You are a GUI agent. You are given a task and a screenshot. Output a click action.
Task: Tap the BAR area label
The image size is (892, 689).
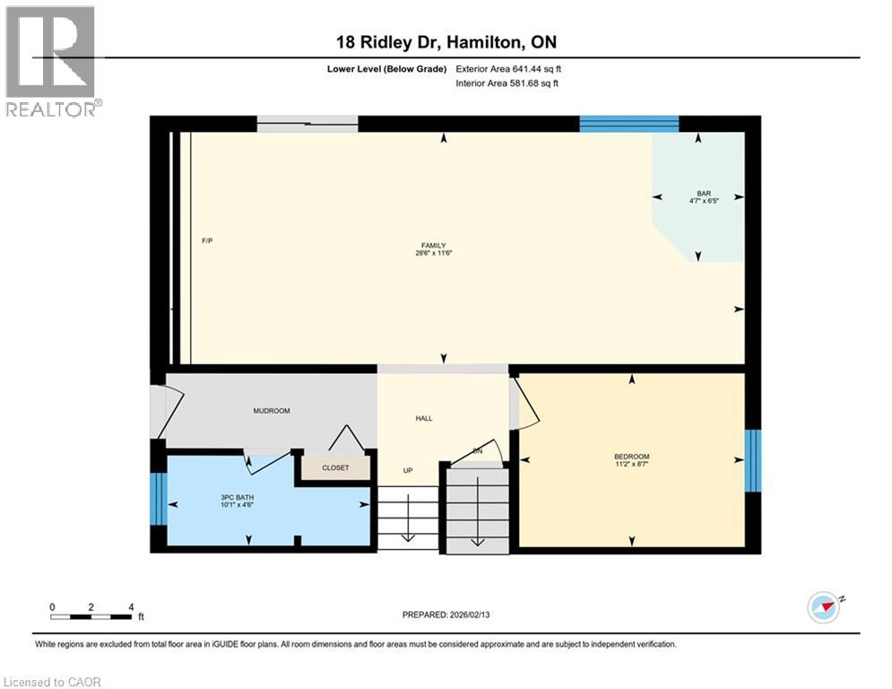coord(704,193)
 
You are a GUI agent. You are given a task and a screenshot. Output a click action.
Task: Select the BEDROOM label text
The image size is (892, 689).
coord(632,457)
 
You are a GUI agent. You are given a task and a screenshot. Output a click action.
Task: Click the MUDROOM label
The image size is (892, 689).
coord(272,411)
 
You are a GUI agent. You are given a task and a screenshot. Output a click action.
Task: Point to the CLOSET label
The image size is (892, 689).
coord(335,467)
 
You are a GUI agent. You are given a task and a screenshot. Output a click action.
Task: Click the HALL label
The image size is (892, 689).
coord(424,418)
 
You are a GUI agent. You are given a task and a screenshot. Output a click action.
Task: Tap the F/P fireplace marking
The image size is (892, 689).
coord(207,241)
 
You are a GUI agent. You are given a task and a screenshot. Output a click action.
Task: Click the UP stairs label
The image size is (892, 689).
coord(408,470)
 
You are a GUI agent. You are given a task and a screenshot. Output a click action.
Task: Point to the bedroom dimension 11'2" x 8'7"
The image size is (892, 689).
coord(632,465)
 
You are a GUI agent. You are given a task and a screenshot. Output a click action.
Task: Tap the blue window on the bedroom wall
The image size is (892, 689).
coord(753,461)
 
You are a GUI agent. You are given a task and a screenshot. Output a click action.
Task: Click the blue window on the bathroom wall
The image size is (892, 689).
coord(158,498)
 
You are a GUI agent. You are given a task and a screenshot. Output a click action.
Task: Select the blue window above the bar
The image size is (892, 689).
coord(628,124)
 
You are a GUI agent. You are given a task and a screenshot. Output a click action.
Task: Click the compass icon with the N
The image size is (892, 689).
coord(824,607)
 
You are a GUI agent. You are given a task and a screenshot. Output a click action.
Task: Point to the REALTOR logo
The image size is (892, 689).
coord(51,61)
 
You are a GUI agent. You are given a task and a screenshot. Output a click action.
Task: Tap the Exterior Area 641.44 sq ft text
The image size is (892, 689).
coord(509,68)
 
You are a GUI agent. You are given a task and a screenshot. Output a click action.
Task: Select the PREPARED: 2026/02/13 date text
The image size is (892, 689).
coord(446,615)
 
